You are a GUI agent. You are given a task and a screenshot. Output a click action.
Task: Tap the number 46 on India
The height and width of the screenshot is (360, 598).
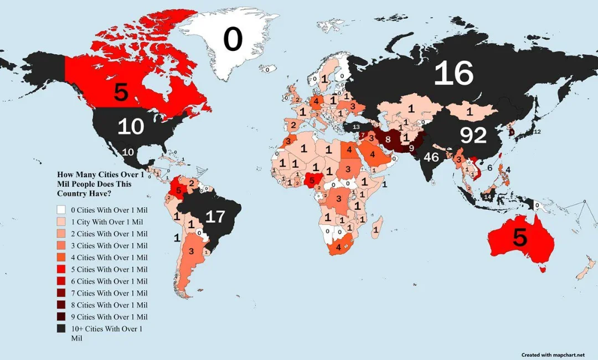point(431,157)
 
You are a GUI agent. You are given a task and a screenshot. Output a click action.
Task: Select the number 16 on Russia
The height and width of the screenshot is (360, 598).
point(453,74)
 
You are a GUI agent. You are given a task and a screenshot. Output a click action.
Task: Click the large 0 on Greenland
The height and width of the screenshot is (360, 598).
point(233,40)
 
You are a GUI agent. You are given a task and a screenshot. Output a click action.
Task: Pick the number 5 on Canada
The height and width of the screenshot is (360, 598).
point(121,92)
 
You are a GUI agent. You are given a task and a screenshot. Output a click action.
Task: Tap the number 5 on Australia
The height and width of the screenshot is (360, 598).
point(520,237)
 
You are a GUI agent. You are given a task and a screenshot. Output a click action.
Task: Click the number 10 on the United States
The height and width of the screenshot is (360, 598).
point(131,127)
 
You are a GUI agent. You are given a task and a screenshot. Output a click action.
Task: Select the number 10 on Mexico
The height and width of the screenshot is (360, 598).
point(128,152)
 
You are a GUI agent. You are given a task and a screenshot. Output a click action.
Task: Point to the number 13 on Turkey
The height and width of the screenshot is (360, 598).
point(355,127)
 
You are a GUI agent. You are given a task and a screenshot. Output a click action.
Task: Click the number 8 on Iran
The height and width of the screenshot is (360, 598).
point(388,139)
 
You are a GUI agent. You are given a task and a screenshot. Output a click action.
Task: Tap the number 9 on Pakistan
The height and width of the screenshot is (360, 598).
point(411,148)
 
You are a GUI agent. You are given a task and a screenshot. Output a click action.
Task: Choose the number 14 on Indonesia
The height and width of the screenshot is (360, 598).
point(488,197)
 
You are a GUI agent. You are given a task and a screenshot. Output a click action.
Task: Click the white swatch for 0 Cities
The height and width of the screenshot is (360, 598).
point(60,209)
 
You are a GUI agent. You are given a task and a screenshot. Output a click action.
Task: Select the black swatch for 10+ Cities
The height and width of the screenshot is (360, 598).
point(60,329)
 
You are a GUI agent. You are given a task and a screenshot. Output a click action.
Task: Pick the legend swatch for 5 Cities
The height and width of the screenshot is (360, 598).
point(60,269)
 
